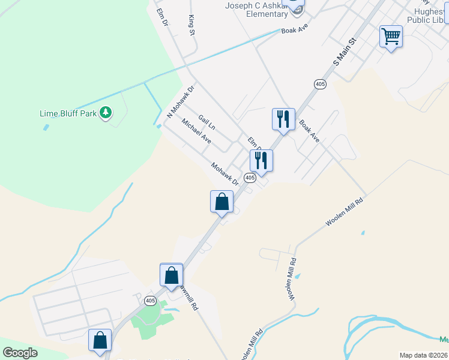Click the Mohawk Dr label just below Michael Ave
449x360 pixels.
click(225, 173)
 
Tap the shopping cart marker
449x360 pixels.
click(391, 37)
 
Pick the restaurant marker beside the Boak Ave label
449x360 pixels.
click(283, 119)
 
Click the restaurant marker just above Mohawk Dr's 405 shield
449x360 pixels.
click(261, 160)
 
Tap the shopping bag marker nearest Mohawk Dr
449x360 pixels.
click(221, 202)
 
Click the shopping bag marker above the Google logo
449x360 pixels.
click(100, 340)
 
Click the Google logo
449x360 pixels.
click(20, 353)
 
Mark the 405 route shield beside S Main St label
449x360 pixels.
click(319, 85)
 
